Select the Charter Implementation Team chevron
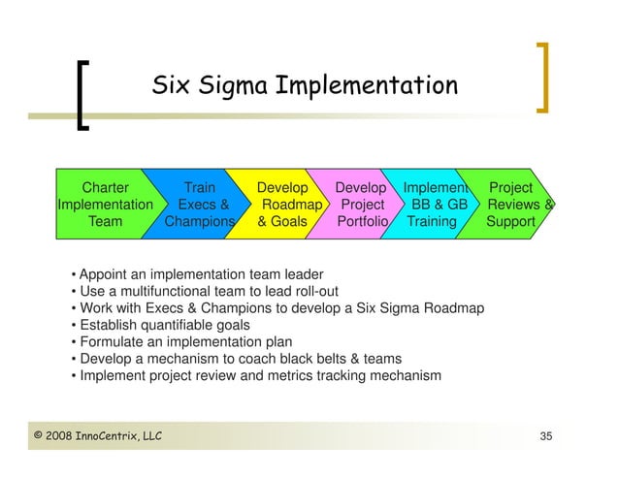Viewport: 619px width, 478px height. point(106,205)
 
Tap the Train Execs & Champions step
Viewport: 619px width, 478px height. point(201,205)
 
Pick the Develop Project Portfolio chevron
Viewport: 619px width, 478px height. point(361,205)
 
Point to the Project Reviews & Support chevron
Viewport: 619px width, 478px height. point(514,205)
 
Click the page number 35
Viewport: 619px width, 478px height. point(546,439)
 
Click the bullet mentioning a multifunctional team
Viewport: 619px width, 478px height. point(204,290)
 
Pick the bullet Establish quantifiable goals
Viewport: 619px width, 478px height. point(160,325)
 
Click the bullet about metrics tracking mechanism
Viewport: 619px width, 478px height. point(256,375)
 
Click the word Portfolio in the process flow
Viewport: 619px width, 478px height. point(362,222)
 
